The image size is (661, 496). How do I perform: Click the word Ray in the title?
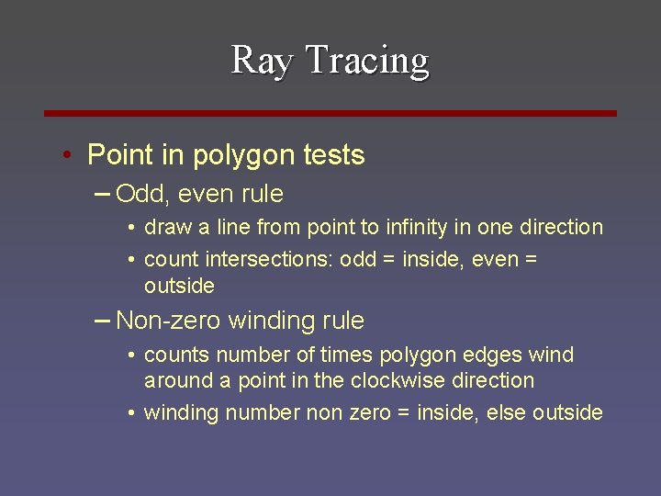pos(263,61)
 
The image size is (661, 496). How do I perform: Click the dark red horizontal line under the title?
pos(330,113)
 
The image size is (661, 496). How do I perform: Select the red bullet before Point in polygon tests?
pos(68,155)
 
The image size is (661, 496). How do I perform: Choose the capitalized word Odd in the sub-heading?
pos(139,195)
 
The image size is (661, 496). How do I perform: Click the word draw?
pos(166,227)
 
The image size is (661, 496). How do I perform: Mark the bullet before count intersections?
pos(133,260)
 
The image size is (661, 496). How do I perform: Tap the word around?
pos(175,380)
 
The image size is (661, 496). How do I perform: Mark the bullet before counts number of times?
pos(133,355)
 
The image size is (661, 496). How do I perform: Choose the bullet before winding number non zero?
pos(133,413)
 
